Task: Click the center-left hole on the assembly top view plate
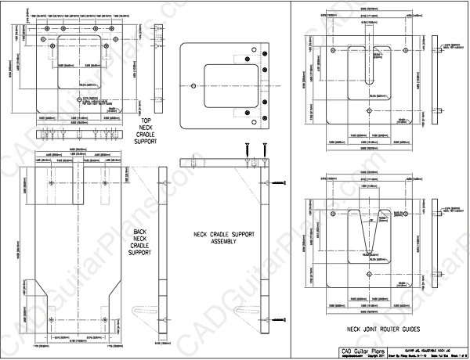[x=193, y=85]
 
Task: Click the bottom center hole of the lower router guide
[x=369, y=275]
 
